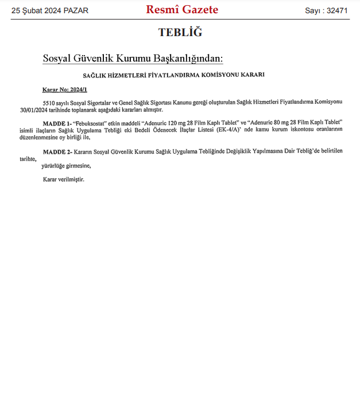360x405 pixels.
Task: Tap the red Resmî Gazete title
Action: pos(182,10)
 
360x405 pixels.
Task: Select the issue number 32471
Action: pos(337,11)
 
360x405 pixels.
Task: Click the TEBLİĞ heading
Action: pos(180,33)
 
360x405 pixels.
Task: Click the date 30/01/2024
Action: pos(33,110)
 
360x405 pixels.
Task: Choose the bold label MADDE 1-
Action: pos(56,123)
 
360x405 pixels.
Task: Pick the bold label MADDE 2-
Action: pos(56,151)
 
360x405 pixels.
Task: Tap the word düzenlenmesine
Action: pos(41,138)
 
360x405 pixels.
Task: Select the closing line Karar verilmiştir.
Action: pos(64,180)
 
